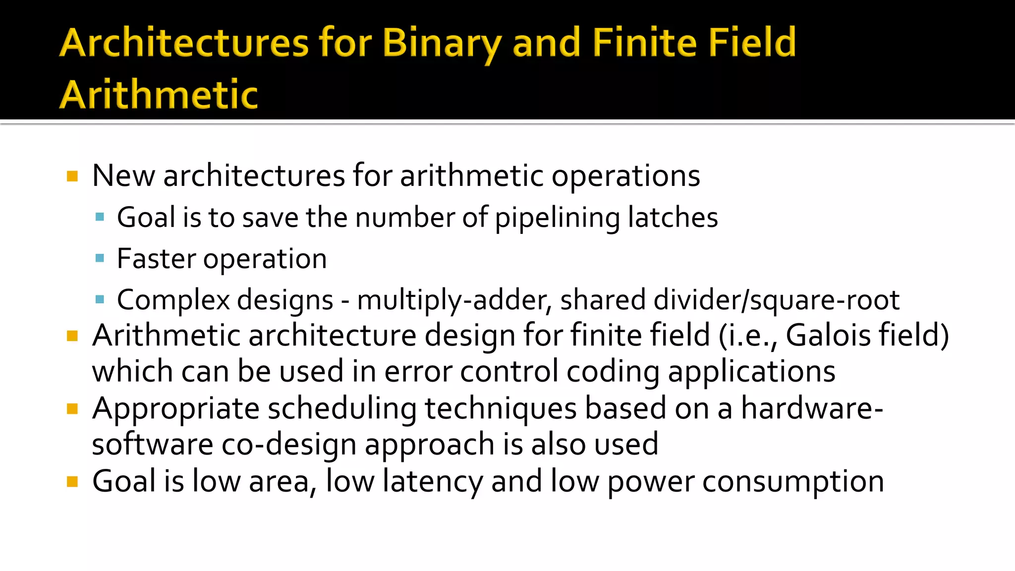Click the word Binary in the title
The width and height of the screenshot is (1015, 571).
click(x=441, y=44)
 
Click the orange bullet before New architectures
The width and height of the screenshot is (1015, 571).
click(x=72, y=176)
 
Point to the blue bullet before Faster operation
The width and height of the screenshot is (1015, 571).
click(x=100, y=258)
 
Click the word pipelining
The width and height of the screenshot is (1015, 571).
click(x=557, y=218)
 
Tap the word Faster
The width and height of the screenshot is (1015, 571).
click(x=156, y=259)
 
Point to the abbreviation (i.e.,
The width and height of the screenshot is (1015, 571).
click(x=748, y=336)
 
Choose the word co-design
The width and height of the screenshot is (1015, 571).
click(x=288, y=444)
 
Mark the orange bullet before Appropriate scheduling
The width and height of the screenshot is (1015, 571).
click(x=72, y=409)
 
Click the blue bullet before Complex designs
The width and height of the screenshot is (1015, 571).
click(x=100, y=299)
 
